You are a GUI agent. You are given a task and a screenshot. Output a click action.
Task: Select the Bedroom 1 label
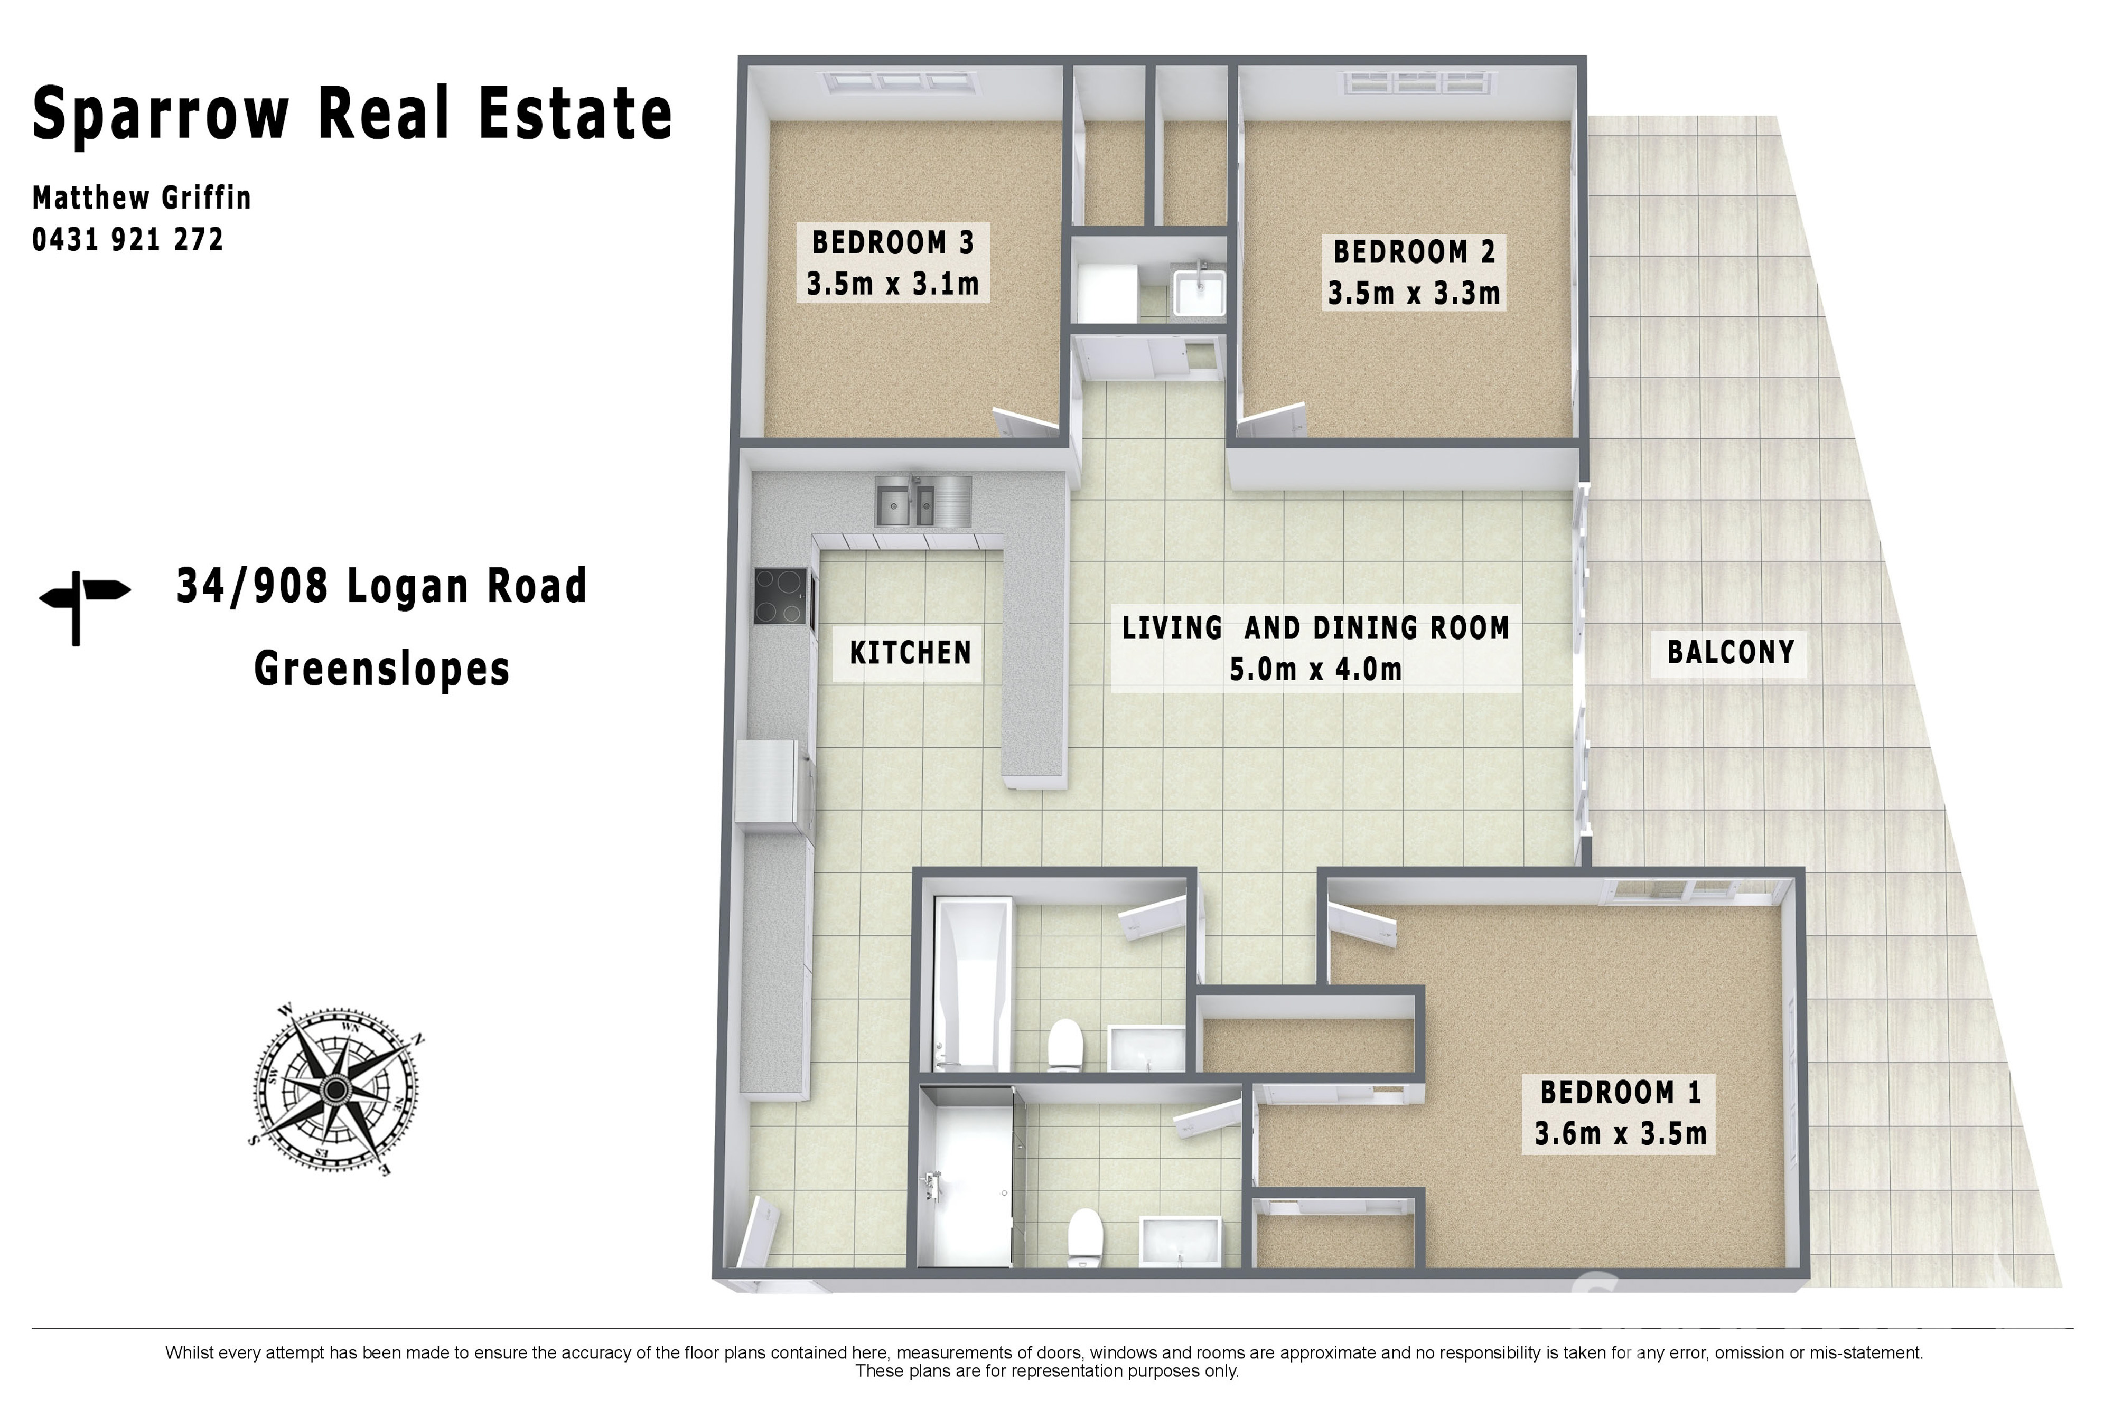[1621, 1093]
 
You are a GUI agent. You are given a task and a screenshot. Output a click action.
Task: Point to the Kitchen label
[911, 652]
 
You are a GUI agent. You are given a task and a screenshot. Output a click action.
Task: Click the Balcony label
[1730, 652]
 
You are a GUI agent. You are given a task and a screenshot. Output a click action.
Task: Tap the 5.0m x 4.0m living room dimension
[1316, 670]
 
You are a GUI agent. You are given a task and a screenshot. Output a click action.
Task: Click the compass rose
[336, 1090]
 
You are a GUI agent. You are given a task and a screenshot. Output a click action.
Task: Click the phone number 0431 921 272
[128, 240]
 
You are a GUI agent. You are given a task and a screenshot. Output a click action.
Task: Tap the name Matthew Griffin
[142, 198]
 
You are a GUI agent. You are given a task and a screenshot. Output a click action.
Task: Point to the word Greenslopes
[382, 670]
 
